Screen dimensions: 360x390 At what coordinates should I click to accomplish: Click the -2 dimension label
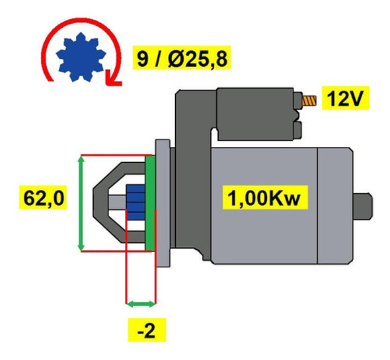point(144,328)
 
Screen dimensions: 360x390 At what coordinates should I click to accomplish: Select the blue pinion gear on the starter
point(135,202)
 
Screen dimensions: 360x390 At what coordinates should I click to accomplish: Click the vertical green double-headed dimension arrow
point(81,202)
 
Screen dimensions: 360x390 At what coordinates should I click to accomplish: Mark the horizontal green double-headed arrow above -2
point(140,304)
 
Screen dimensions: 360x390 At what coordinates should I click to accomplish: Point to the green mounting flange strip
point(150,202)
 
